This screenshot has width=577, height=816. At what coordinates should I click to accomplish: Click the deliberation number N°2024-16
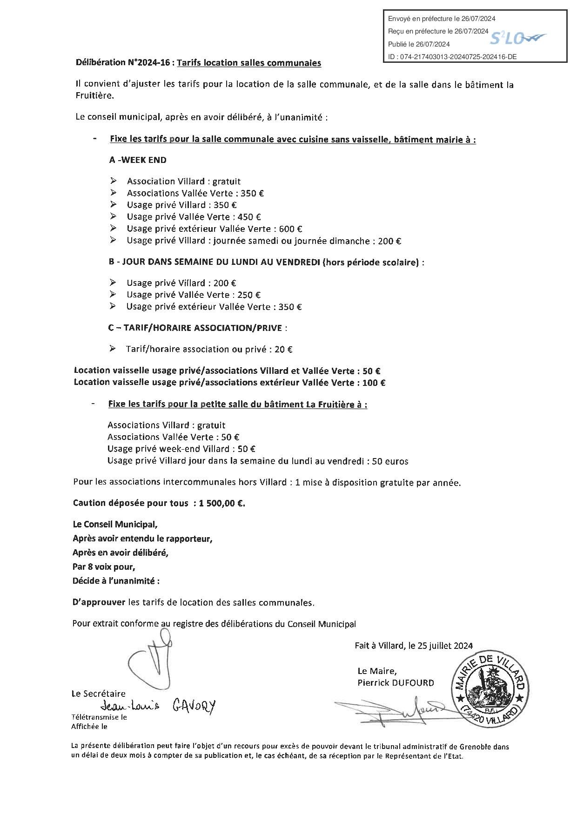(149, 62)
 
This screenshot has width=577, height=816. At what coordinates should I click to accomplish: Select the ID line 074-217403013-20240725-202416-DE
(452, 57)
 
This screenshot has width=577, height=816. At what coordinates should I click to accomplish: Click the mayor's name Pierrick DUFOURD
(396, 683)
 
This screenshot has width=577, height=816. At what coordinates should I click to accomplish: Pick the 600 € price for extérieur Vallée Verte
(293, 229)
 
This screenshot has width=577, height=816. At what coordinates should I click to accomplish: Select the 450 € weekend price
(251, 217)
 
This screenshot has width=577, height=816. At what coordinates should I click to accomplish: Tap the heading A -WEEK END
(138, 160)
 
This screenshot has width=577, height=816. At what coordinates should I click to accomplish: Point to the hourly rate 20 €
(283, 349)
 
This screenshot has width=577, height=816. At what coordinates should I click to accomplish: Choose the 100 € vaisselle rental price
(376, 383)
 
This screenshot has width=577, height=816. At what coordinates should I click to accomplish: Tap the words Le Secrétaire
(98, 694)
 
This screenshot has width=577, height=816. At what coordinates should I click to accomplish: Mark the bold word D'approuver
(99, 602)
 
